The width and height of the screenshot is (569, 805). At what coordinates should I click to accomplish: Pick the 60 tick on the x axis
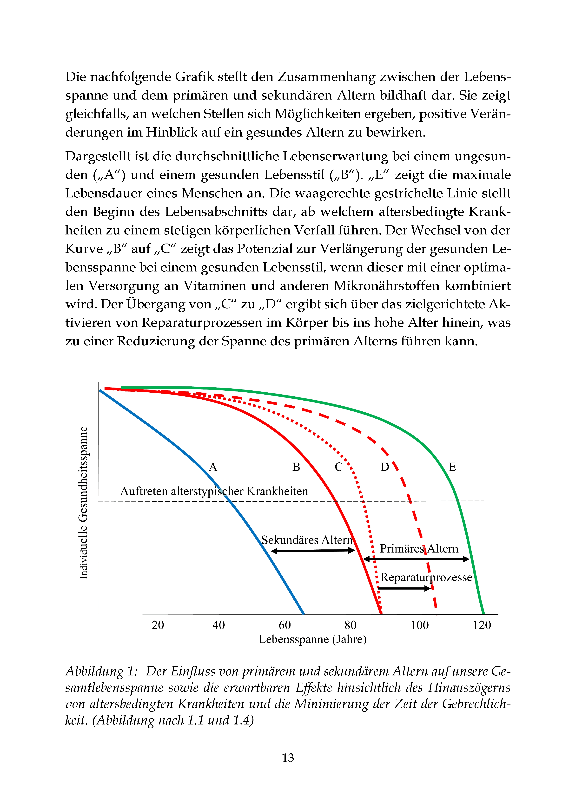pyautogui.click(x=285, y=625)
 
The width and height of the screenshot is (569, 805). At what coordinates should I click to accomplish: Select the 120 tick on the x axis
pyautogui.click(x=482, y=625)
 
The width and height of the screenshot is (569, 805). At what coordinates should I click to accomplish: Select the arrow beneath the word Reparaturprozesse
pyautogui.click(x=404, y=588)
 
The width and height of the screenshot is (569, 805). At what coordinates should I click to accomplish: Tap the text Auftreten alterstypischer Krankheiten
pyautogui.click(x=214, y=491)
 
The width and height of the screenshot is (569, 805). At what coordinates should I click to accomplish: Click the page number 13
pyautogui.click(x=288, y=758)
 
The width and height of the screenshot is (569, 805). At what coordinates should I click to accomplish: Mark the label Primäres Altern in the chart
pyautogui.click(x=419, y=549)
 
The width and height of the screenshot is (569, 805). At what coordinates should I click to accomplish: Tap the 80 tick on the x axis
pyautogui.click(x=350, y=625)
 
